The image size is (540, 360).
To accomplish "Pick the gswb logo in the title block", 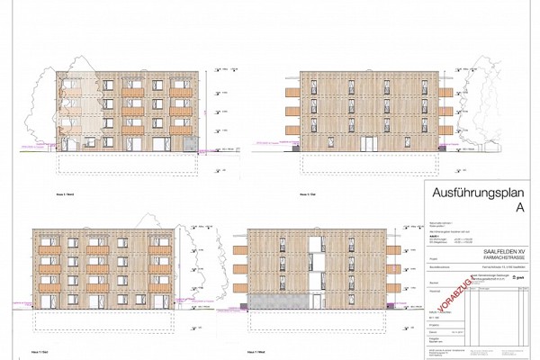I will [x=517, y=280].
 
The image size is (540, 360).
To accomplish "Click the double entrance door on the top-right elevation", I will [x=367, y=142].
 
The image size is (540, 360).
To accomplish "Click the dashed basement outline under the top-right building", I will [x=369, y=164].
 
